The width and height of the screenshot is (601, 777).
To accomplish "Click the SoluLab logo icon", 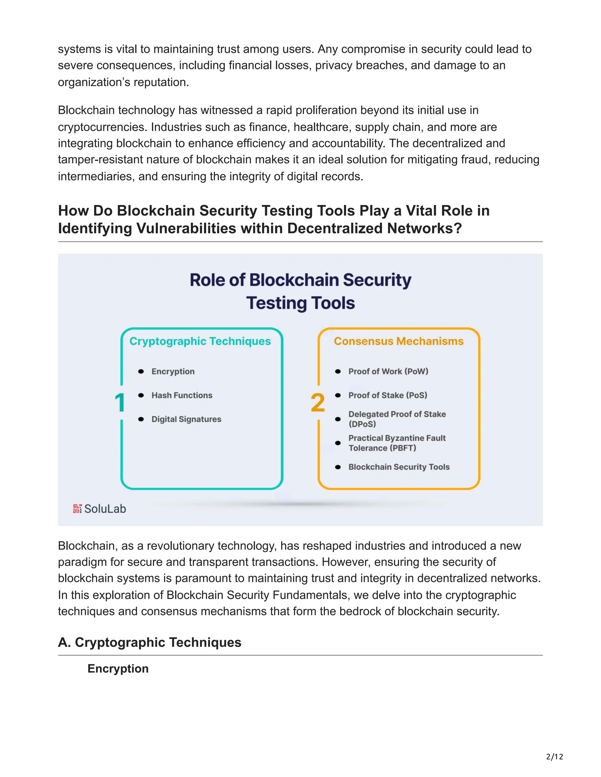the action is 77,508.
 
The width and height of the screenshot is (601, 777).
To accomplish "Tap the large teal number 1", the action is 120,403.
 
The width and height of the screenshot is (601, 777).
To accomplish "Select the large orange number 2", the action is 318,403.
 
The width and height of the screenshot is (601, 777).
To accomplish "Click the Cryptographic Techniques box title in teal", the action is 200,341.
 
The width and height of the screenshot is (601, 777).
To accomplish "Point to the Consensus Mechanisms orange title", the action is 399,341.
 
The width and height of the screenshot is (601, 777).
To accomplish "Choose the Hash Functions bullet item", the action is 182,395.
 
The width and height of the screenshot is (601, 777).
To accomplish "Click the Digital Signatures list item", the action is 186,419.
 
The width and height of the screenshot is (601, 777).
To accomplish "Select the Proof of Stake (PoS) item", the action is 388,395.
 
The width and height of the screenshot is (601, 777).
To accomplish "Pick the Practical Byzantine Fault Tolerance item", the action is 397,443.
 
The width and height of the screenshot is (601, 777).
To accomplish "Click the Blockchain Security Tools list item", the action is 399,467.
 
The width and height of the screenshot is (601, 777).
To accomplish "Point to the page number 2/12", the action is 555,757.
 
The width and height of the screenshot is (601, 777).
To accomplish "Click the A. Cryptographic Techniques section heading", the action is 150,642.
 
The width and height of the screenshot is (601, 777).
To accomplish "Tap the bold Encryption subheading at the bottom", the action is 118,669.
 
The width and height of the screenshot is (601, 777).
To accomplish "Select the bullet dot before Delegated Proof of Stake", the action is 338,419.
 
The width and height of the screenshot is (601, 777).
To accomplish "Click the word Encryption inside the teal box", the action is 173,371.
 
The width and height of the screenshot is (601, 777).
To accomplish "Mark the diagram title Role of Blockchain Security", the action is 300,280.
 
